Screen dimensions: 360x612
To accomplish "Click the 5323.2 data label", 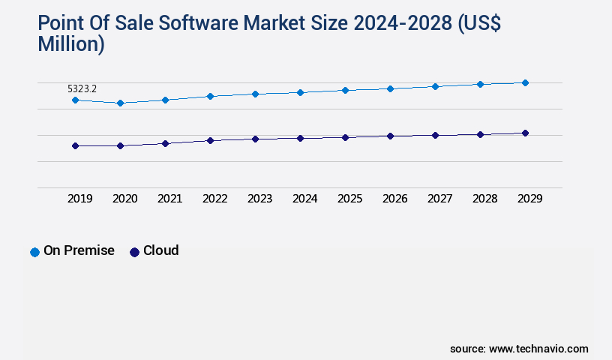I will pyautogui.click(x=82, y=88).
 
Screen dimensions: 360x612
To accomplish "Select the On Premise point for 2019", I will pyautogui.click(x=75, y=100).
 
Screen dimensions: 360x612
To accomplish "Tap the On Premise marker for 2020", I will pyautogui.click(x=120, y=103).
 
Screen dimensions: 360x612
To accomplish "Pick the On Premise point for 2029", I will pyautogui.click(x=525, y=82).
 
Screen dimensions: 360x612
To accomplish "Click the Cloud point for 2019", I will pyautogui.click(x=75, y=145).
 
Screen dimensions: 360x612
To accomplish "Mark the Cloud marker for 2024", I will pyautogui.click(x=300, y=138).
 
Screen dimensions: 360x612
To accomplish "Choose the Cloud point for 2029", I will pyautogui.click(x=525, y=133).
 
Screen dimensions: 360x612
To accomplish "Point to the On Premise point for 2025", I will pyautogui.click(x=345, y=90).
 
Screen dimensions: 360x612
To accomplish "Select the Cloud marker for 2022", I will pyautogui.click(x=210, y=140).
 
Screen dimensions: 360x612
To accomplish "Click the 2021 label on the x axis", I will pyautogui.click(x=169, y=199).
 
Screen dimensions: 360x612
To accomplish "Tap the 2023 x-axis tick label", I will pyautogui.click(x=259, y=199).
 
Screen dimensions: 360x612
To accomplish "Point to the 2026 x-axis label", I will pyautogui.click(x=394, y=199).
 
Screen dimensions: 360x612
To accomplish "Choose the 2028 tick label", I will pyautogui.click(x=484, y=199).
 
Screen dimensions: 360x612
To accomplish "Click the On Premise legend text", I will pyautogui.click(x=79, y=250).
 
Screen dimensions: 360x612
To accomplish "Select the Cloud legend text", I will pyautogui.click(x=160, y=250).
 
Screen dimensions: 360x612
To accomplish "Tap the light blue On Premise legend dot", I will pyautogui.click(x=34, y=252).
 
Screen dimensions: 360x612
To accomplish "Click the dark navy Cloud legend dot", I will pyautogui.click(x=134, y=252).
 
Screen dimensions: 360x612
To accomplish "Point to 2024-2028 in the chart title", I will pyautogui.click(x=403, y=24).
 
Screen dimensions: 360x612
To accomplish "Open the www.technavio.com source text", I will pyautogui.click(x=538, y=349).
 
